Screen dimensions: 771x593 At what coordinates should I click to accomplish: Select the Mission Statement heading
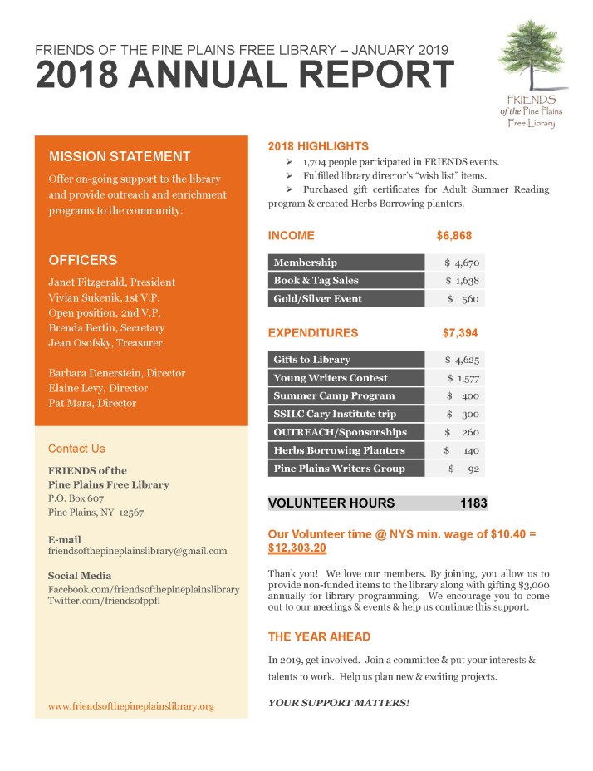tap(120, 156)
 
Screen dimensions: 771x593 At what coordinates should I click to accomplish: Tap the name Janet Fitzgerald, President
tap(112, 282)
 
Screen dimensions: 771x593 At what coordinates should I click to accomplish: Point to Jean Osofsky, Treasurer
tap(105, 343)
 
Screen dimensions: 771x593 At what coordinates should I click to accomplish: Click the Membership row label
tap(306, 263)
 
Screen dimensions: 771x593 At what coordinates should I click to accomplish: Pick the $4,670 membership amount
tap(462, 263)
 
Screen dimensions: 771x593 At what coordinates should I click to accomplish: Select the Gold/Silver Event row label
tap(318, 299)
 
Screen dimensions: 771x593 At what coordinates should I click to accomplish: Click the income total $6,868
tap(454, 236)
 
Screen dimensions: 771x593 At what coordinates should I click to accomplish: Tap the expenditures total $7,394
tap(460, 333)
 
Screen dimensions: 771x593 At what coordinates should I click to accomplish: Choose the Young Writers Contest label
tap(331, 378)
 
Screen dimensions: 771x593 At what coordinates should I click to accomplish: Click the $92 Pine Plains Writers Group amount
tap(464, 469)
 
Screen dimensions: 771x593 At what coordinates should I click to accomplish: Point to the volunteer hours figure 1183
tap(473, 503)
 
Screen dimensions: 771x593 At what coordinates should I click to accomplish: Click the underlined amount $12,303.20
tap(297, 548)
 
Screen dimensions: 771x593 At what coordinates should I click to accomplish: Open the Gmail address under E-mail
tap(137, 551)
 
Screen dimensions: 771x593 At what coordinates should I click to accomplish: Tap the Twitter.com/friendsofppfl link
tap(104, 602)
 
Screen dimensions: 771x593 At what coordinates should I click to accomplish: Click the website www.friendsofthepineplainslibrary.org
tap(131, 706)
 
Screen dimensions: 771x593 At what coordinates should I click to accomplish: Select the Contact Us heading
tap(76, 449)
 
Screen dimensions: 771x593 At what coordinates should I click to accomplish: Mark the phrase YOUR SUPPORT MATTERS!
tap(339, 703)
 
